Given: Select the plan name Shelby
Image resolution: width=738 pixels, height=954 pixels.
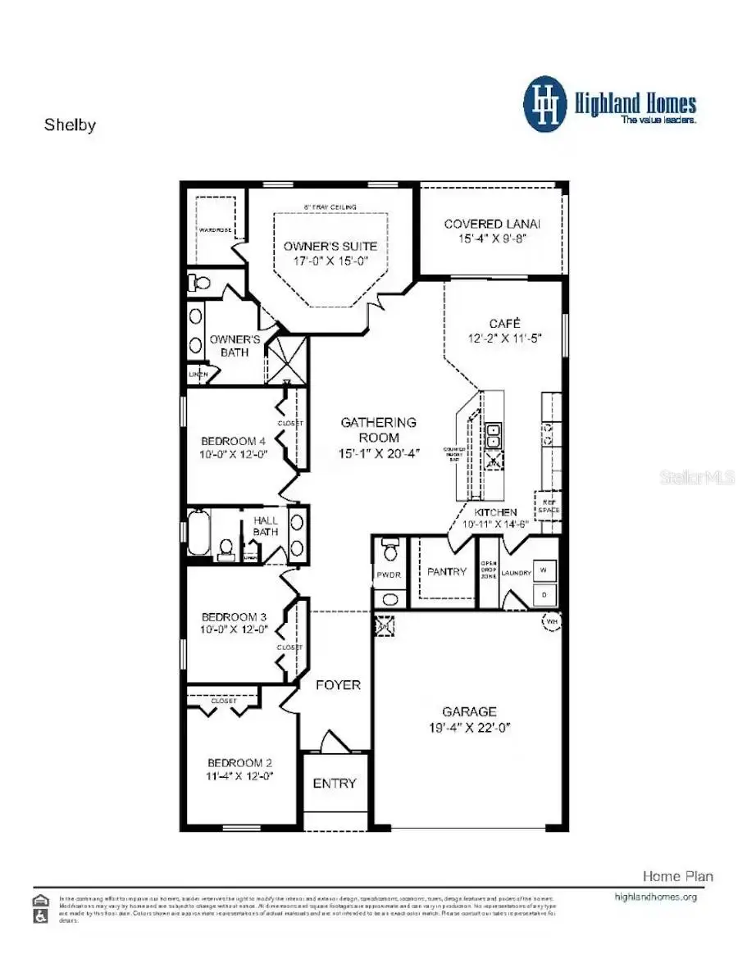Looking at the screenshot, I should (70, 125).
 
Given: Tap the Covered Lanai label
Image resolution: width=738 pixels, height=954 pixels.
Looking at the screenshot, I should (492, 224).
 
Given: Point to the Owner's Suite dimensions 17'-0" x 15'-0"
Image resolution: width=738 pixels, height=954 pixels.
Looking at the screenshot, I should (330, 261).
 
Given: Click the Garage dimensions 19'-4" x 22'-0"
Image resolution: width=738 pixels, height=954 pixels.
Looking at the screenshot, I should (470, 728).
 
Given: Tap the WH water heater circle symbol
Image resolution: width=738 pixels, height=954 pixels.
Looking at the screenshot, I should (550, 622).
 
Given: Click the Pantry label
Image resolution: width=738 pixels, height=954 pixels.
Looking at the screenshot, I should (446, 571).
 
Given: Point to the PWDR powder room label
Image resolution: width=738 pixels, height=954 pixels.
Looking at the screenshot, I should (388, 575).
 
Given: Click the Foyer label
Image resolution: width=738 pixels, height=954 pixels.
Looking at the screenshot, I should (337, 684).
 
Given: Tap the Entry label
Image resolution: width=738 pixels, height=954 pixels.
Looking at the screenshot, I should (335, 784).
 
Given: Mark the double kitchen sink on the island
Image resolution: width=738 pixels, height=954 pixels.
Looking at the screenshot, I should (494, 437).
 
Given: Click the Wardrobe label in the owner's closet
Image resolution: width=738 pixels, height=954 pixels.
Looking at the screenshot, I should (214, 230).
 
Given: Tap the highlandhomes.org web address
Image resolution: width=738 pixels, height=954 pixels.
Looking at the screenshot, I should (655, 897).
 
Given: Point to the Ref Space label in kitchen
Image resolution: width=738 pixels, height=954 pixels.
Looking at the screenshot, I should (548, 506).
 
